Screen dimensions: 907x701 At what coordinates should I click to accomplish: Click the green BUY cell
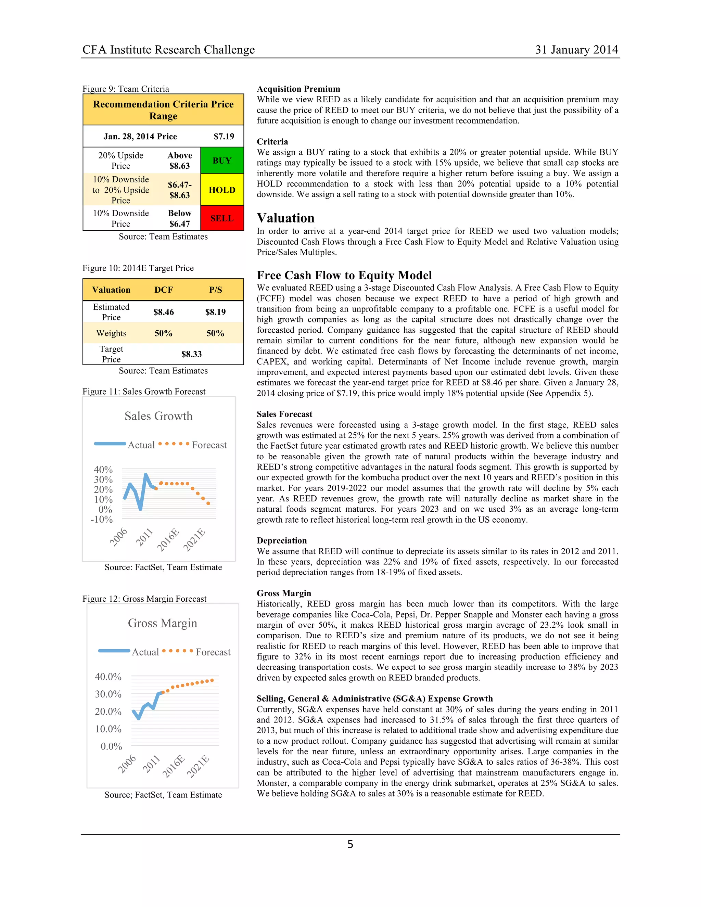point(222,160)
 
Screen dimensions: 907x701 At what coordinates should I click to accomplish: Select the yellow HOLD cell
point(222,190)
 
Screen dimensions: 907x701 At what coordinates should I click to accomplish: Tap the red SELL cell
point(222,218)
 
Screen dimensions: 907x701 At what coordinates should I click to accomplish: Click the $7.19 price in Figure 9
point(224,136)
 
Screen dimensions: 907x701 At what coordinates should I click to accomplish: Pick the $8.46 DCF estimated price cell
point(164,312)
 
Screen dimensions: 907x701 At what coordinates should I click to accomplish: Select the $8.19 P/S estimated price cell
point(215,312)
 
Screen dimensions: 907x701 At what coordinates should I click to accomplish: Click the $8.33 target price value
point(191,354)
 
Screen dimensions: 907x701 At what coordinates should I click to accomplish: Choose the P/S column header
point(215,290)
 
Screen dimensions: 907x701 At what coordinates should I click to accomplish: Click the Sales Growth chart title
point(158,416)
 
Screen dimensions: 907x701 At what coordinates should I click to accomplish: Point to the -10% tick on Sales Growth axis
point(102,519)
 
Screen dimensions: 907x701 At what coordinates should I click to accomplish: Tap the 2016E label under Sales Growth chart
point(168,539)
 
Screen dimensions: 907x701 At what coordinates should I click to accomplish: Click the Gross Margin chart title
point(162,623)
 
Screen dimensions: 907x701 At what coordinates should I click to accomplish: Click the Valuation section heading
point(285,218)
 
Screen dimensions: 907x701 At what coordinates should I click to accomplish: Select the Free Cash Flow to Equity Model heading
point(344,275)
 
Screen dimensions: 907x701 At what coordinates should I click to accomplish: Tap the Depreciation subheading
point(282,540)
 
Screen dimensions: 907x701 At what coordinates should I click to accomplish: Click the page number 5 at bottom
point(350,844)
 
